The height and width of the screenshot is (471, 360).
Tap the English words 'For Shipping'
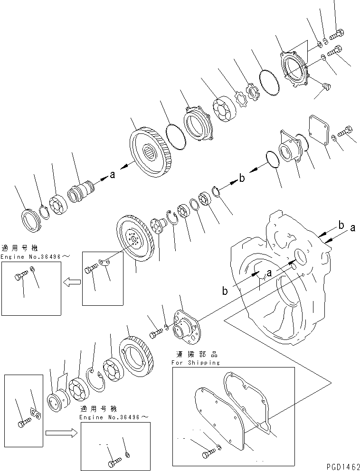[x=196, y=362]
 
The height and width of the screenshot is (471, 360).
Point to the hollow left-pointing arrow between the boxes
[x=71, y=283]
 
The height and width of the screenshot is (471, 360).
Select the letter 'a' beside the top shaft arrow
[x=112, y=175]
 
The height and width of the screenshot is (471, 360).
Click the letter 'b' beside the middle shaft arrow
[x=241, y=179]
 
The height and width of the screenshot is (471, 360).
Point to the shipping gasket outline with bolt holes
[x=247, y=404]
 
